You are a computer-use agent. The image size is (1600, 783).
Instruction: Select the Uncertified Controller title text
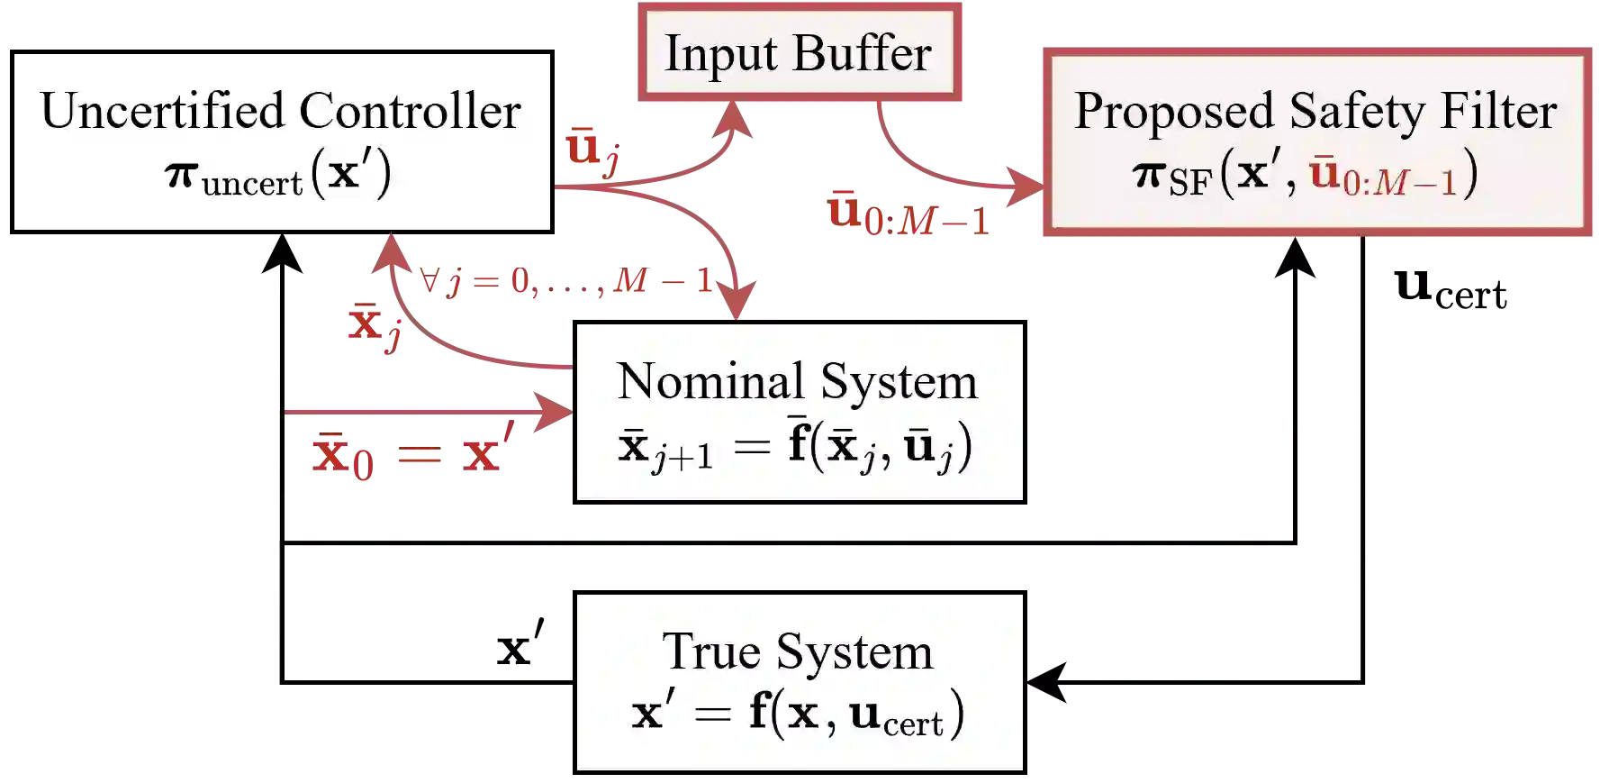coord(281,112)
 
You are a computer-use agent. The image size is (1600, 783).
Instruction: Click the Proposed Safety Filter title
coord(1315,112)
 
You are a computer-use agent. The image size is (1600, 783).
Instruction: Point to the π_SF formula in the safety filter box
coord(1306,174)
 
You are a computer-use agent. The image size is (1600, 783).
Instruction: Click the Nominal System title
coord(798,381)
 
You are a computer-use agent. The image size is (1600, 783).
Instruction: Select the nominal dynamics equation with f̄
coord(796,447)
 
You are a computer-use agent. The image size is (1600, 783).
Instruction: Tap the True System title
coord(798,651)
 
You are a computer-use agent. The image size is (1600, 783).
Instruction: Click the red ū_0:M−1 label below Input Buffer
coord(908,214)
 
